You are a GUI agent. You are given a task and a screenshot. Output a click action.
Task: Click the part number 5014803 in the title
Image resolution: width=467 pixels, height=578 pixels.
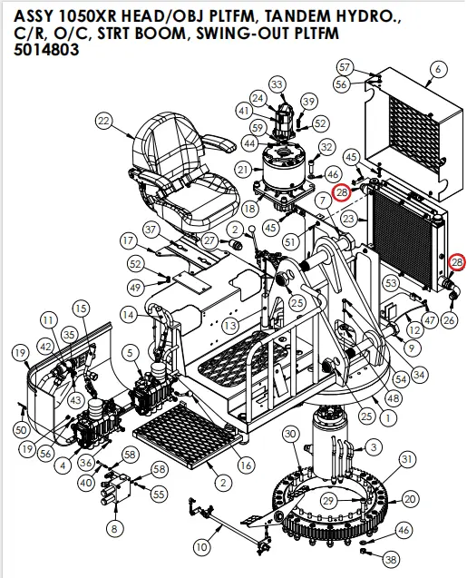(x=46, y=51)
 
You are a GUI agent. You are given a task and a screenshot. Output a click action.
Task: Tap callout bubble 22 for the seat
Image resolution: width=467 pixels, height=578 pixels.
(x=103, y=121)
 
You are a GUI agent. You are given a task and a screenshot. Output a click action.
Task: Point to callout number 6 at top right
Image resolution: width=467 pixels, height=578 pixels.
(x=439, y=69)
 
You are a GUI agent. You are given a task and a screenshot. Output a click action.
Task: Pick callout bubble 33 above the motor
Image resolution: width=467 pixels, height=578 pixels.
(x=277, y=84)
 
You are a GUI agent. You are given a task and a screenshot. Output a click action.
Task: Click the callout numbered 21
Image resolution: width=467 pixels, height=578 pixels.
(x=242, y=170)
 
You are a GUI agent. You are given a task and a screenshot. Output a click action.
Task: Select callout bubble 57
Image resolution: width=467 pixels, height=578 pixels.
(x=344, y=67)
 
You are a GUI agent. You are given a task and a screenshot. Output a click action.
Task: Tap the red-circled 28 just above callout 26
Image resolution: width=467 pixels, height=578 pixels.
(x=456, y=262)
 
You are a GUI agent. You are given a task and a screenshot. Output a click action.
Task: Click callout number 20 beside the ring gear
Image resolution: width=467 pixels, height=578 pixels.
(x=410, y=498)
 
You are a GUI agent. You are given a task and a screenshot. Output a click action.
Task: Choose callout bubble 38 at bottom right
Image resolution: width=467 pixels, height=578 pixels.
(x=391, y=560)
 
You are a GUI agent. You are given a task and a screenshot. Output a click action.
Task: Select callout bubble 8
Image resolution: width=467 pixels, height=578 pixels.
(x=113, y=527)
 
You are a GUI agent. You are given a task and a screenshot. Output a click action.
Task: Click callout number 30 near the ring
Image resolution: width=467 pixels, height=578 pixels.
(x=290, y=435)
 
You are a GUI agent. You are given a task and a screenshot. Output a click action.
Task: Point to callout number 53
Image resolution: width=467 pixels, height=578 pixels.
(x=391, y=284)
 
